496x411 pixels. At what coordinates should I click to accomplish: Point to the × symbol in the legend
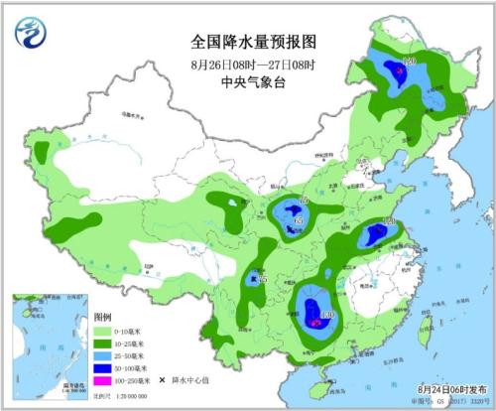pos(162,379)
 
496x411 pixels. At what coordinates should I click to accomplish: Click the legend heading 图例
pos(102,318)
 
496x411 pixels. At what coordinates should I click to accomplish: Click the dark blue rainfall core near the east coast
pos(376,234)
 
